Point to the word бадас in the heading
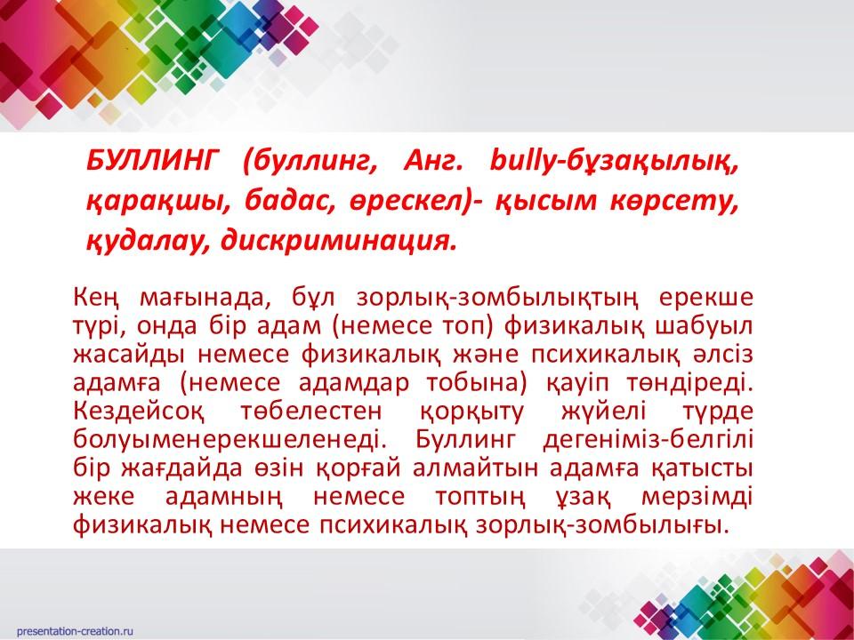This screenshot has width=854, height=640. click(x=280, y=201)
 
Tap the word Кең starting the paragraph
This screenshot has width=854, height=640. click(x=96, y=299)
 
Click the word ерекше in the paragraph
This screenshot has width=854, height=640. click(x=705, y=299)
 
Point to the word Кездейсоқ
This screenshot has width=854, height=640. click(x=139, y=412)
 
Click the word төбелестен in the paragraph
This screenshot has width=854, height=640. click(x=311, y=412)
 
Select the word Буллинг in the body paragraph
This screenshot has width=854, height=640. click(x=465, y=440)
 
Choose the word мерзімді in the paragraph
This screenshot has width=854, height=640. click(x=697, y=497)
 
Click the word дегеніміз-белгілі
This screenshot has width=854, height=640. click(x=649, y=440)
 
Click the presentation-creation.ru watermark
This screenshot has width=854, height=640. click(x=75, y=631)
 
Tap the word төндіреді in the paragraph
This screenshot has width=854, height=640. click(x=689, y=383)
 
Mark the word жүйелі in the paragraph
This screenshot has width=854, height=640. click(x=603, y=412)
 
